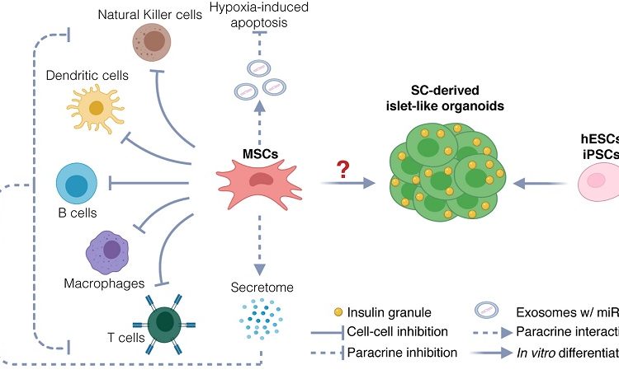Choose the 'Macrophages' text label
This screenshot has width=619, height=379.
click(x=97, y=283)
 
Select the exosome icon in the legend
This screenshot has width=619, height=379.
click(x=484, y=312)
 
